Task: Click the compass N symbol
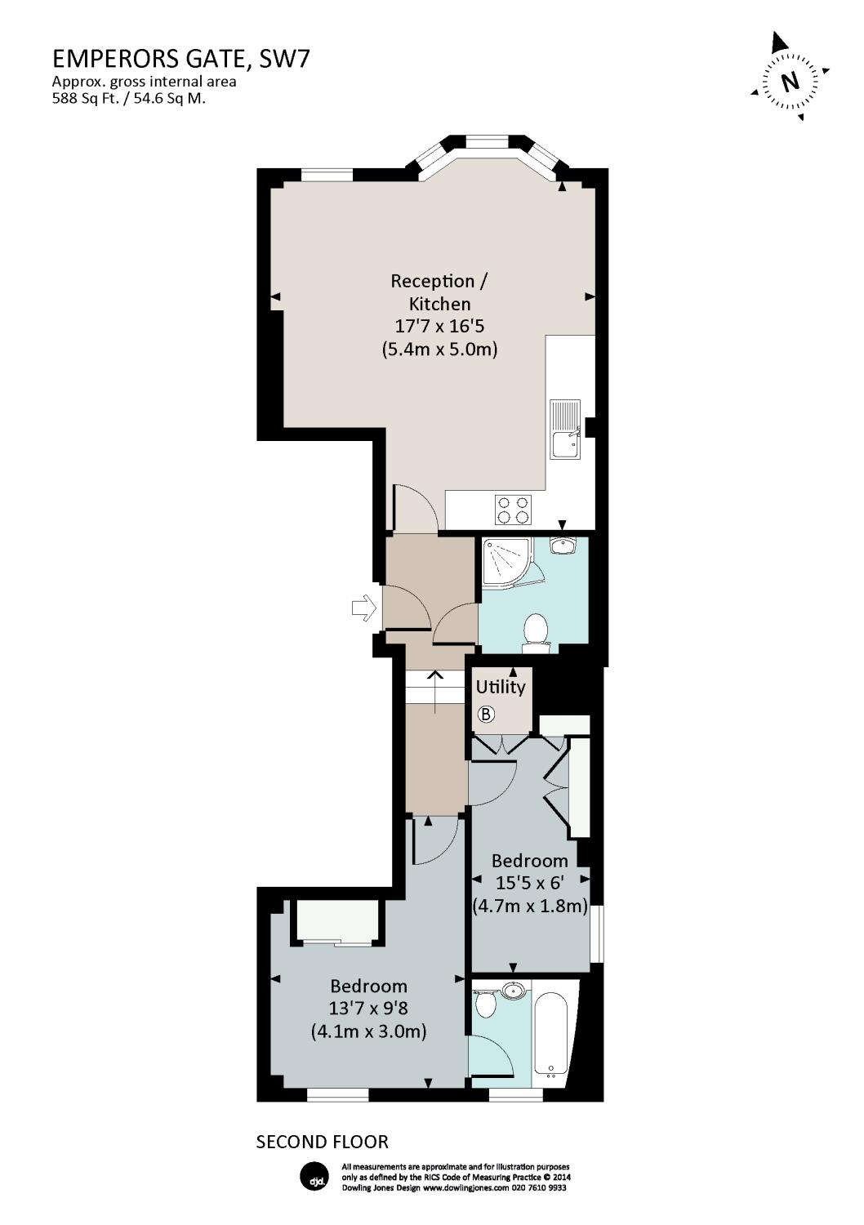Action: point(790,82)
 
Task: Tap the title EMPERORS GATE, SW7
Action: point(180,59)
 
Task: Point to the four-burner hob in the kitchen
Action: point(513,510)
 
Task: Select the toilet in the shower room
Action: point(536,632)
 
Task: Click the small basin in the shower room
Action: point(563,544)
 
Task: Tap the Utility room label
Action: point(501,687)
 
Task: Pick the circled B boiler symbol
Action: point(486,715)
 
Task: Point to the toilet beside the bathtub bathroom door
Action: point(485,1004)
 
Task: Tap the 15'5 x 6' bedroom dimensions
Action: point(530,883)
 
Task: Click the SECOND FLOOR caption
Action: point(323,1142)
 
